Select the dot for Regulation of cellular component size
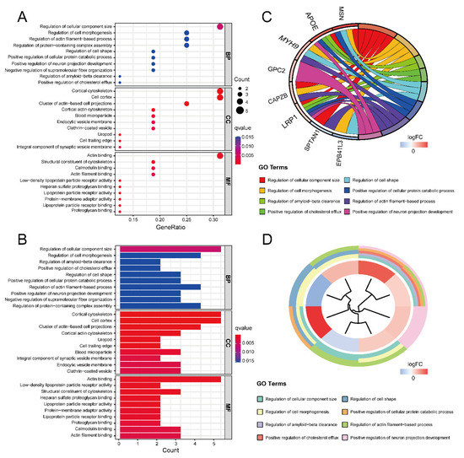pos(219,26)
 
